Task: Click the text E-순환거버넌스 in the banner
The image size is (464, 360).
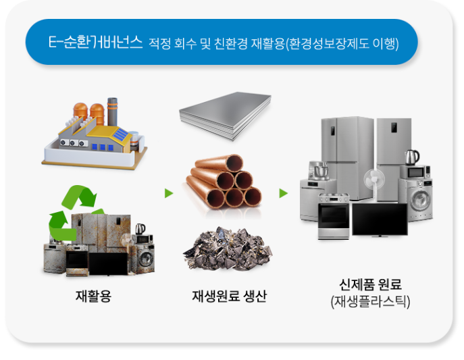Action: tap(95, 43)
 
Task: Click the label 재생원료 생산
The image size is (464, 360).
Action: tap(229, 296)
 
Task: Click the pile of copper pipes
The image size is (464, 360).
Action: tap(225, 180)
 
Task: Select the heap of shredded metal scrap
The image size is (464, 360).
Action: tap(228, 249)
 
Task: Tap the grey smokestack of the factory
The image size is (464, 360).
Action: tap(112, 110)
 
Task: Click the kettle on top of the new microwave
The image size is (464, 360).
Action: tap(411, 157)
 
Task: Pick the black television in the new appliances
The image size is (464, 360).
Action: tap(380, 219)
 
